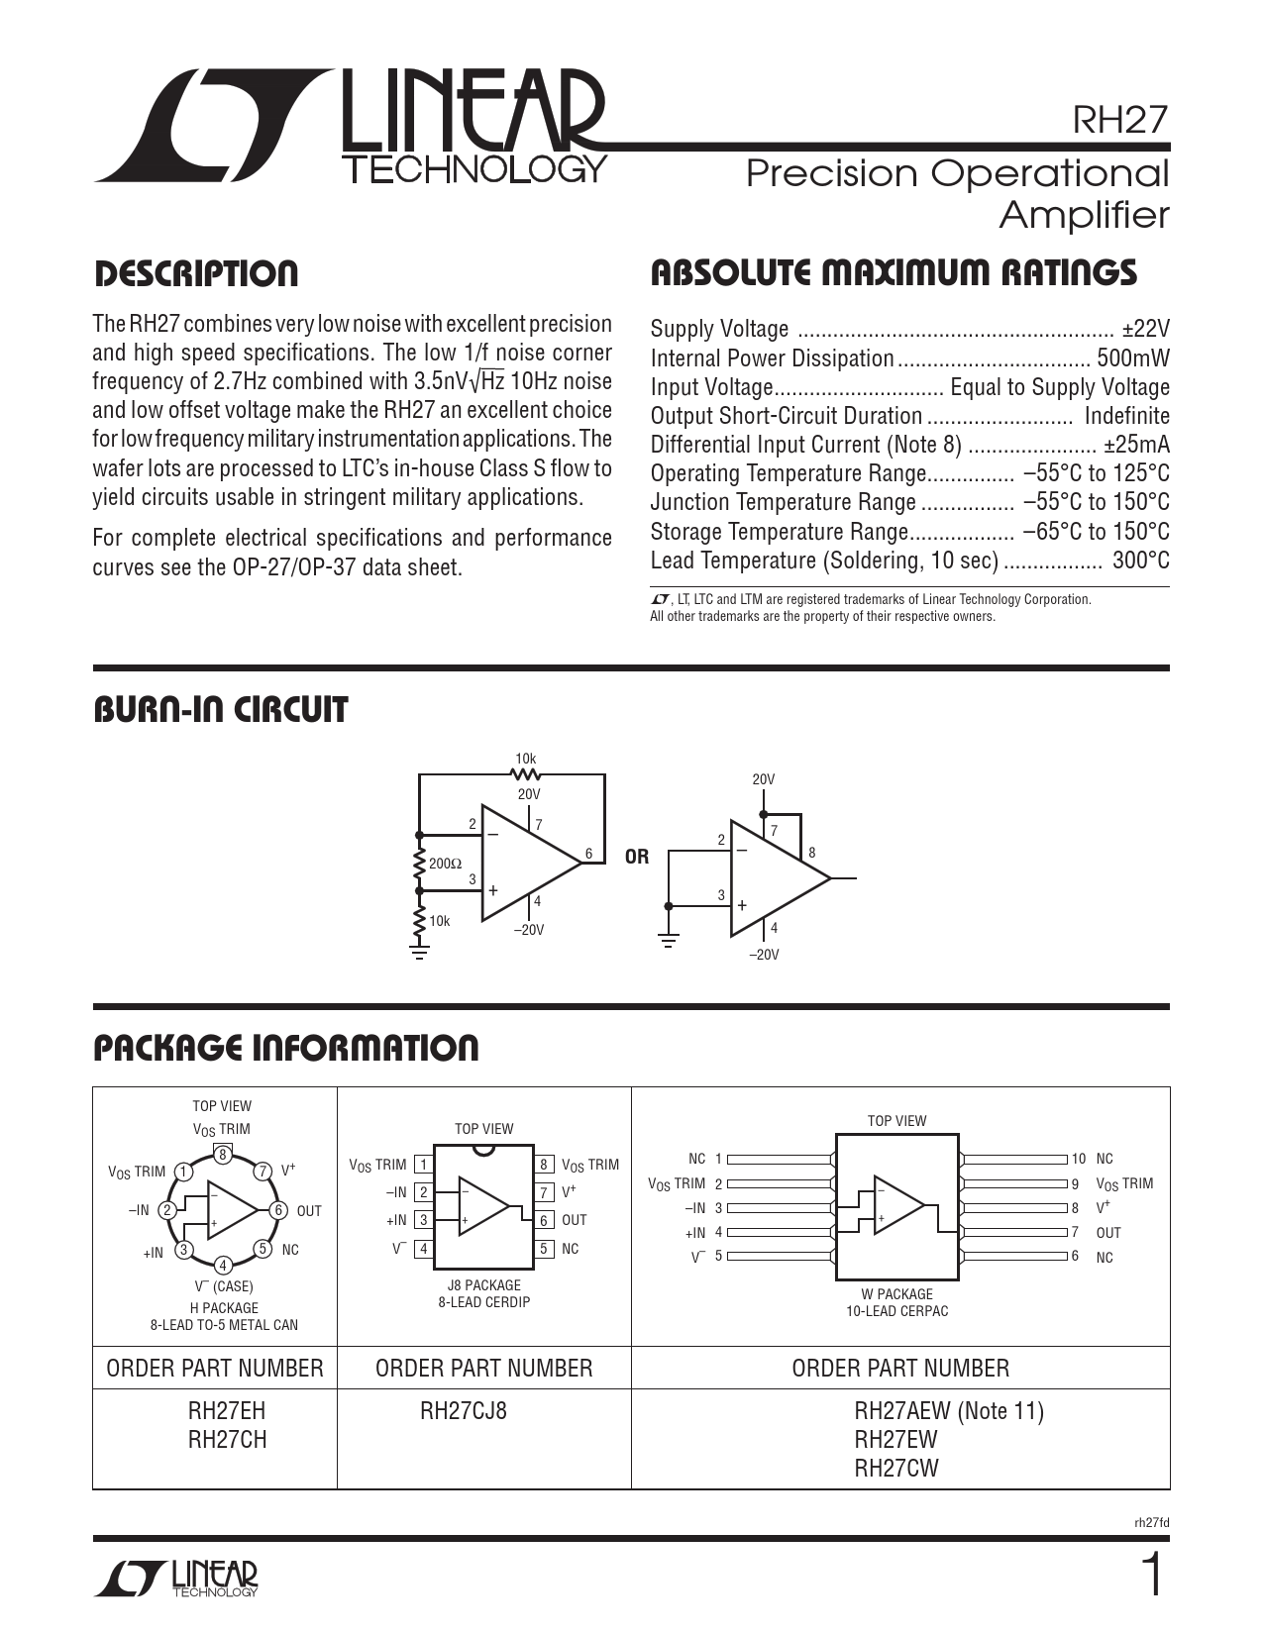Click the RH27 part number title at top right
(1121, 121)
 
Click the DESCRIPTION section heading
(195, 274)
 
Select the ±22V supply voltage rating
(1146, 329)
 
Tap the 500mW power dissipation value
(1133, 358)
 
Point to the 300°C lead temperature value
(1140, 561)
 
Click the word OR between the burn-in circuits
(637, 857)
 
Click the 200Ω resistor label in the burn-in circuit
(445, 864)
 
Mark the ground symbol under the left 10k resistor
(420, 953)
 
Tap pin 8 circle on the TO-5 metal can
(223, 1155)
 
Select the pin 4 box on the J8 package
(423, 1249)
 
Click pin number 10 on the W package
(1078, 1159)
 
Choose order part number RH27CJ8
(463, 1411)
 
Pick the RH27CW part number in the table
(896, 1469)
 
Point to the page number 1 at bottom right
(1151, 1577)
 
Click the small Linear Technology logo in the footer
(176, 1579)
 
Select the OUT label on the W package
(1108, 1233)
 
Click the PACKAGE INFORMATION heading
(285, 1048)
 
